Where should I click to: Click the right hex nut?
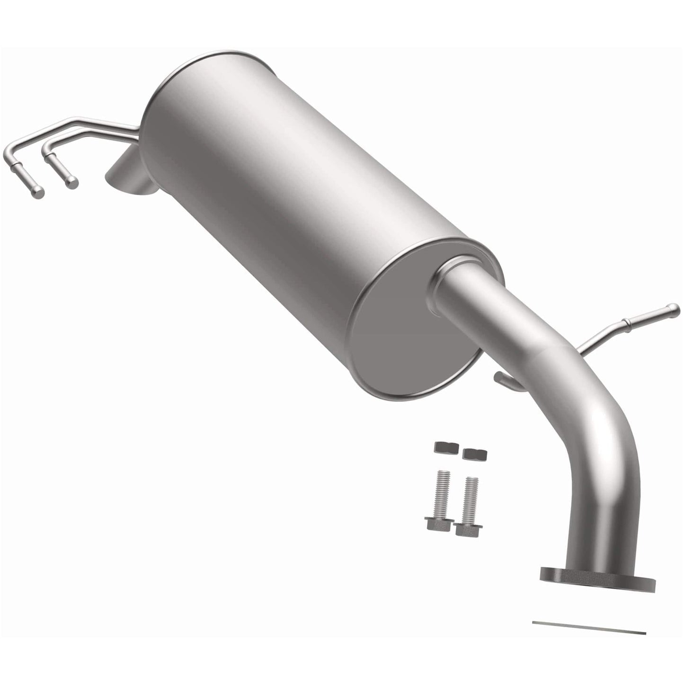(475, 453)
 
